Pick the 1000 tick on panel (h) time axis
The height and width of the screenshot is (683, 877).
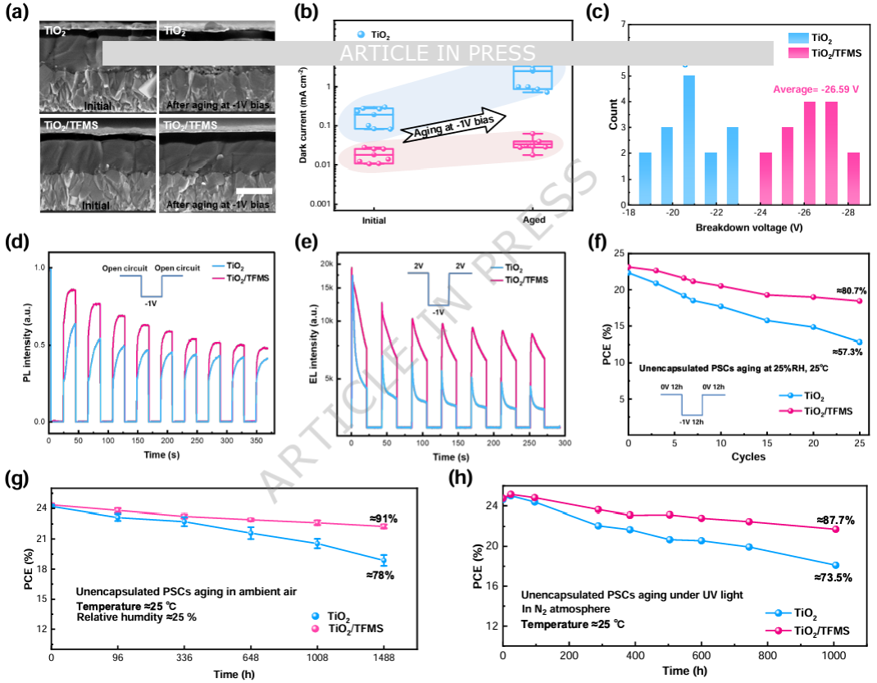point(834,657)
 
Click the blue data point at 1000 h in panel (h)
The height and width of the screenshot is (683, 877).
point(835,565)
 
